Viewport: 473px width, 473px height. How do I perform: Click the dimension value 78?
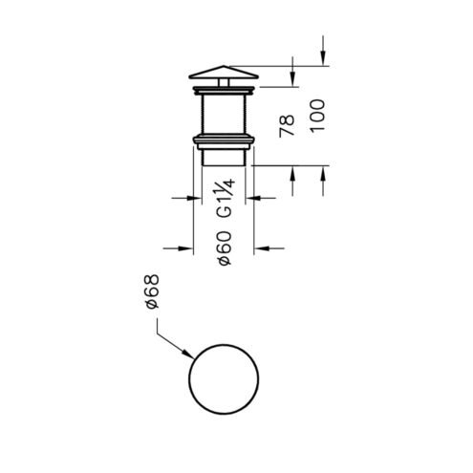[287, 126]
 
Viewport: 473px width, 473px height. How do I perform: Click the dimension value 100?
[317, 116]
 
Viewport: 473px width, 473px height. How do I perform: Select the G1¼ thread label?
[226, 198]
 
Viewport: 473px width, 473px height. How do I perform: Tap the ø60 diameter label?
[225, 247]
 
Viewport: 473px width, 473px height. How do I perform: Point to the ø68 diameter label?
[151, 291]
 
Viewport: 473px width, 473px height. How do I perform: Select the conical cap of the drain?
[224, 73]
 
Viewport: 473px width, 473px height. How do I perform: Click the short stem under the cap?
[224, 82]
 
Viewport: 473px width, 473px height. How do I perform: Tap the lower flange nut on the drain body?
[224, 142]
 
